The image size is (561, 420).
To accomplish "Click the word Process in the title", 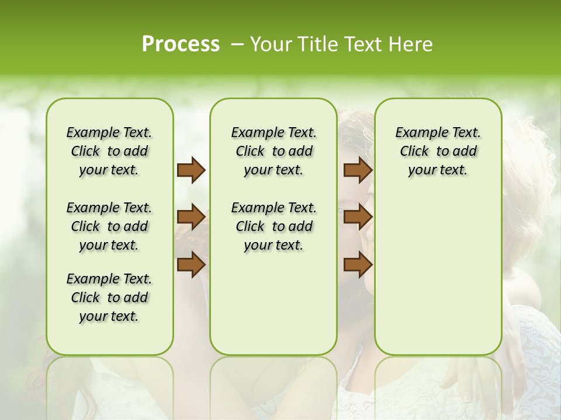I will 181,44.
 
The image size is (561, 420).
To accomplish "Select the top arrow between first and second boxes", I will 191,170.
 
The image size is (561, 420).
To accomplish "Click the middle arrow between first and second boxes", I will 191,218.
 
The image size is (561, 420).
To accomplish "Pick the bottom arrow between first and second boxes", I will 191,264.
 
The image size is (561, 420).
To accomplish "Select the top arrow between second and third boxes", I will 358,170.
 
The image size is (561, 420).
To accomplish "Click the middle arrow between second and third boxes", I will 358,218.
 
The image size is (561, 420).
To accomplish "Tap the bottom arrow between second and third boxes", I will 358,264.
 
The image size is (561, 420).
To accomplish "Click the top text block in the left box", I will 109,152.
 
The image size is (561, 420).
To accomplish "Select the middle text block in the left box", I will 109,226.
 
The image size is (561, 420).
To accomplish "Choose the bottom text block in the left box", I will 109,297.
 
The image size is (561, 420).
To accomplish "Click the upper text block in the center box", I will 273,152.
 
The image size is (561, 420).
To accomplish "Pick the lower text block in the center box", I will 273,226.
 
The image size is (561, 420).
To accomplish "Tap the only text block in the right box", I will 438,152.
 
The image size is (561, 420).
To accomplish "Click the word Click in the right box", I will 414,152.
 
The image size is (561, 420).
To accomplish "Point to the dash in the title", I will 237,44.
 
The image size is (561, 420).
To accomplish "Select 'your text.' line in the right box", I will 438,170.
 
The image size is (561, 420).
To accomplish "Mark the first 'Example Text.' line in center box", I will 273,133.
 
